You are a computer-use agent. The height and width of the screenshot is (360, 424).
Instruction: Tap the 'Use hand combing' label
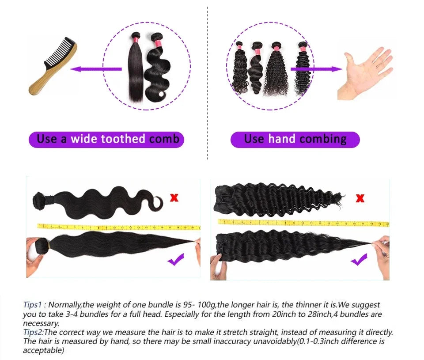click(x=295, y=140)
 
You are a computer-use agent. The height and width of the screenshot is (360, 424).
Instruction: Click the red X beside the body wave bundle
click(x=174, y=197)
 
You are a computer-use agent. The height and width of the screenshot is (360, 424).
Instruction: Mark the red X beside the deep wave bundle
click(x=360, y=198)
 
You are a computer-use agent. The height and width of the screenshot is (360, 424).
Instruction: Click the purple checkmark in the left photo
click(x=176, y=261)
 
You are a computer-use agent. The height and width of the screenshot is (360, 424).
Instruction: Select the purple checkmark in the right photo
click(x=359, y=259)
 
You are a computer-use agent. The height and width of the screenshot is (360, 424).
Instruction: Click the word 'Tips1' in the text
click(x=33, y=305)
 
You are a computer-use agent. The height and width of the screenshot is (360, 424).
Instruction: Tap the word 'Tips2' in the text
click(x=33, y=332)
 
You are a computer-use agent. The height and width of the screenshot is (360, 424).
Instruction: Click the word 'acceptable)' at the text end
click(x=43, y=350)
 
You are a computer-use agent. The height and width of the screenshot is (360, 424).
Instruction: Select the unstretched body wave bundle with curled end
click(x=97, y=202)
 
